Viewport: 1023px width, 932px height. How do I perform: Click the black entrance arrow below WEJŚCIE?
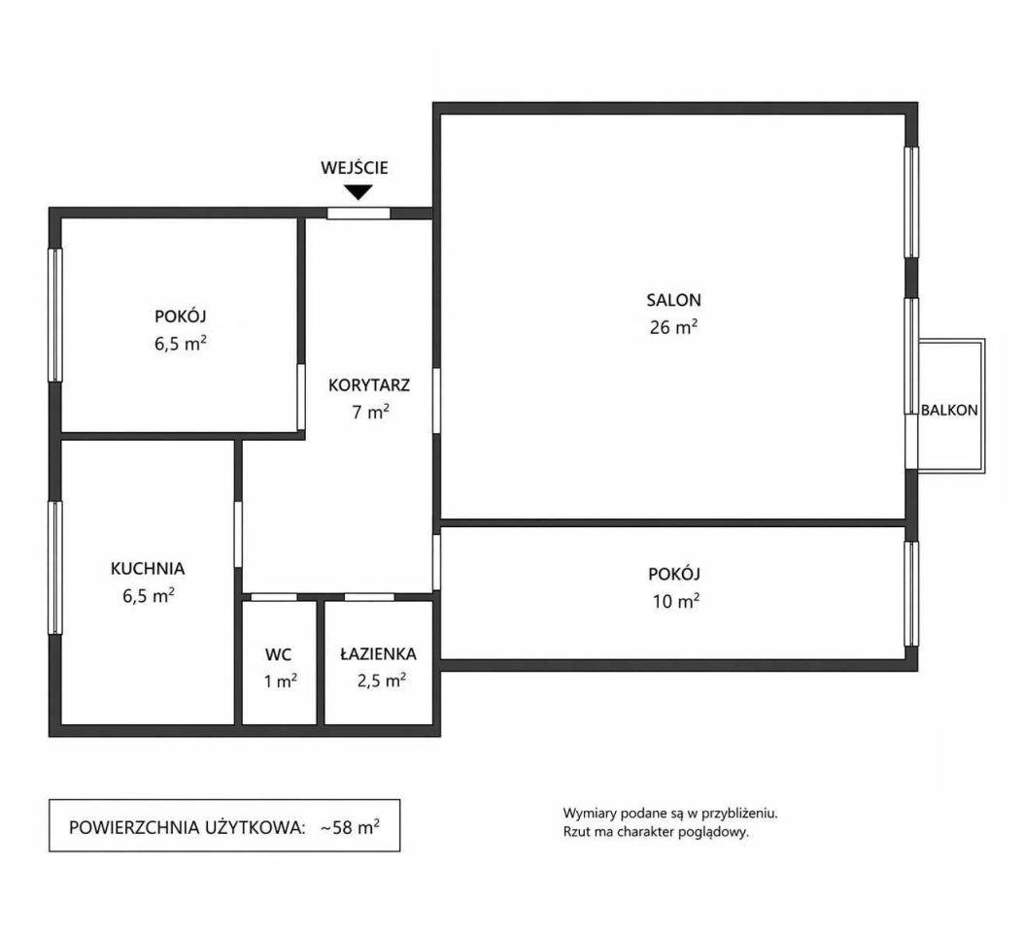pos(358,192)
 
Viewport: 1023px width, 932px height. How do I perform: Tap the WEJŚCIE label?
pos(355,168)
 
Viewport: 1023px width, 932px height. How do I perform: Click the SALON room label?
pos(674,300)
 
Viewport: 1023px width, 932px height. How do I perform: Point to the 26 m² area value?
pos(674,326)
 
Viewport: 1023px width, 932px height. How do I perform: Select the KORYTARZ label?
pos(369,385)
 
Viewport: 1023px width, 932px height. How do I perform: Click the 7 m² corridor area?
pos(370,412)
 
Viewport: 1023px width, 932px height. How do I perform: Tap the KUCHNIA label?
pos(148,569)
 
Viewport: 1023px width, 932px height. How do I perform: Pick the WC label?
pos(279,654)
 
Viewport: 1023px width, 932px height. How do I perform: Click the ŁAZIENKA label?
pos(379,653)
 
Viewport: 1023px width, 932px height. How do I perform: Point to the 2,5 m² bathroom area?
pos(382,682)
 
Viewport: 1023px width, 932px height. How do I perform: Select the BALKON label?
pos(949,411)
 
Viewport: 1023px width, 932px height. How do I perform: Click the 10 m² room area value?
pos(676,601)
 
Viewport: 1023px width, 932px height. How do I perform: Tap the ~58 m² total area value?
pos(350,828)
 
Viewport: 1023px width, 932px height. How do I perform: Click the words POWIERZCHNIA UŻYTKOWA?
pos(187,828)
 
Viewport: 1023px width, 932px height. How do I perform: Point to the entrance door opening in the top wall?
pos(358,214)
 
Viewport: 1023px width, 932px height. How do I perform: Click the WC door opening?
pos(274,597)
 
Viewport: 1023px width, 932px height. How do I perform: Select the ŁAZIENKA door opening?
pos(369,597)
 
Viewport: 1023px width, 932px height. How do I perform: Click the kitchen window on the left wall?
pos(55,568)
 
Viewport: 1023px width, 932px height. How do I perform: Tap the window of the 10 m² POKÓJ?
pos(911,594)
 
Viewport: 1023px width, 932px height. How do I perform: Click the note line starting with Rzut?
pos(656,832)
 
